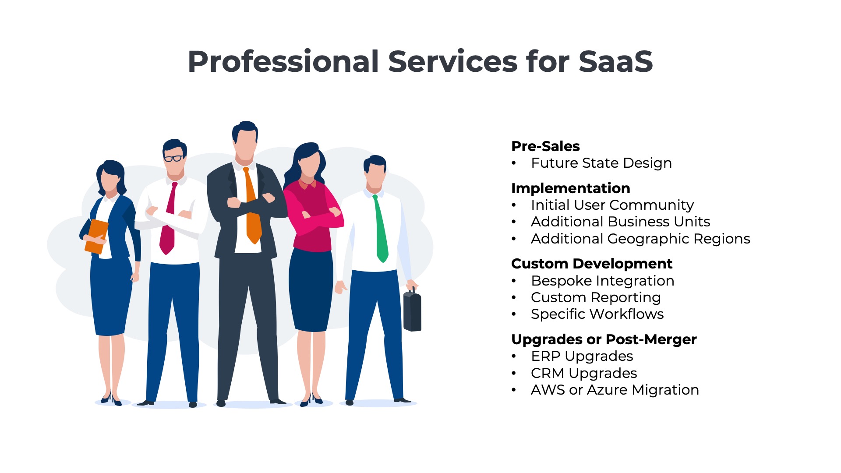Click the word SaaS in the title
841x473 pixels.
616,61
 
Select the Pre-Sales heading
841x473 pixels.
545,146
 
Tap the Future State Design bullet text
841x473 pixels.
601,163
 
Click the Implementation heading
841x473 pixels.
571,188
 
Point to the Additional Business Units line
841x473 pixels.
620,222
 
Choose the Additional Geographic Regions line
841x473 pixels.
640,239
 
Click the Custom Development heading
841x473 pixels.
592,264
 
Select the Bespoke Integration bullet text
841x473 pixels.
603,281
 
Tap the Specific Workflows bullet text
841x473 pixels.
597,314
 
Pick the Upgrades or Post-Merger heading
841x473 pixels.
604,339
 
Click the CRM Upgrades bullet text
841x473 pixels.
584,373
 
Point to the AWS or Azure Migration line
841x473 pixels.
615,390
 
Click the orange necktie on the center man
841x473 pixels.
252,206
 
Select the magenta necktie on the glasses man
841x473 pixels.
169,219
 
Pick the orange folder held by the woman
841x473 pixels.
96,236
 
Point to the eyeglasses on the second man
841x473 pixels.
173,158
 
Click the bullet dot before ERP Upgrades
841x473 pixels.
514,357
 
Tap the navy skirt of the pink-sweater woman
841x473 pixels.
311,289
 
